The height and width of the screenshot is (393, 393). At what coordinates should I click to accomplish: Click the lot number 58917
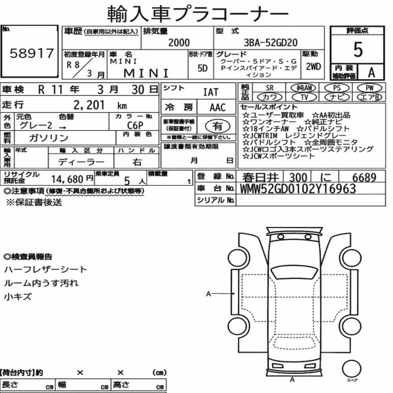tap(31, 53)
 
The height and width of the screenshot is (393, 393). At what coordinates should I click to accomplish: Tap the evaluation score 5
tap(358, 50)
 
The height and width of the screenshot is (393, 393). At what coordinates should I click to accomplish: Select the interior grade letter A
tap(371, 73)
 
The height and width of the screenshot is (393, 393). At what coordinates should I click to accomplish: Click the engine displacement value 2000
tap(179, 42)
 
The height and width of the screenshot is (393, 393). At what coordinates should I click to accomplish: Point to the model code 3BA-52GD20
tap(270, 43)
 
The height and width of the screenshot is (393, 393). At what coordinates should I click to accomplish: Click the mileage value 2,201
tap(89, 105)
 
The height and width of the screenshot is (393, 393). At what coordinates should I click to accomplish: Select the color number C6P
tap(135, 125)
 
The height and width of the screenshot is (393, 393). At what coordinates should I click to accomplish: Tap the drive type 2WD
tap(313, 67)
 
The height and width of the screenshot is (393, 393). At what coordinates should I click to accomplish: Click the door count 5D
tap(202, 68)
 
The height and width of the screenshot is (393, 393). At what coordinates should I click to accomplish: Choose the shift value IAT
tap(211, 92)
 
